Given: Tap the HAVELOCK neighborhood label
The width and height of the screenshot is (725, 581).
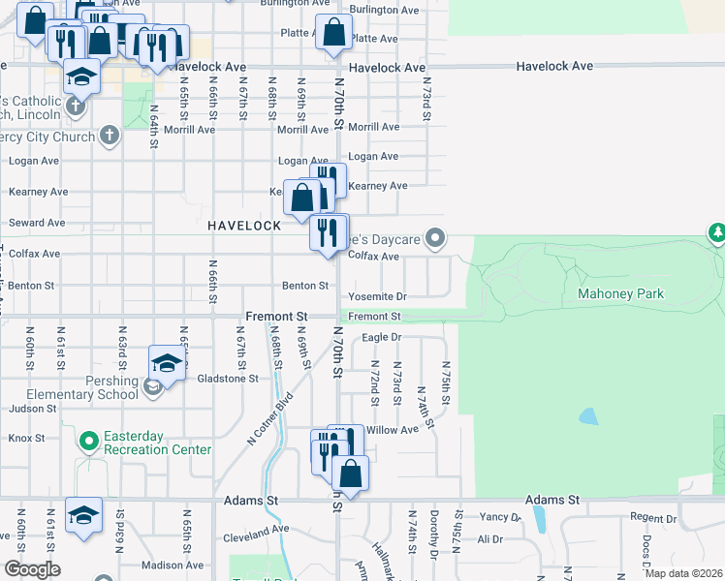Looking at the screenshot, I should [244, 225].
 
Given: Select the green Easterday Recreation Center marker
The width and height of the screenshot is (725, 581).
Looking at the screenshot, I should [89, 442].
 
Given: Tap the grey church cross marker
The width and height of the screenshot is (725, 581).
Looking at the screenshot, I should [110, 136].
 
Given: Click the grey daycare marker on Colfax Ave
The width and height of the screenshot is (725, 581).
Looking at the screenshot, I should [436, 237].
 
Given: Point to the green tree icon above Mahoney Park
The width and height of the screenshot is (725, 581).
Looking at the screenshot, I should [716, 232].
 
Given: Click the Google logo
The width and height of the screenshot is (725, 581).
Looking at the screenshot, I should [32, 569].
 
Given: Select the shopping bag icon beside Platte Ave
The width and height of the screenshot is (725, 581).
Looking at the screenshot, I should [333, 32].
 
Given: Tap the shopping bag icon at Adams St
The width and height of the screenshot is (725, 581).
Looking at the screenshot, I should [350, 474].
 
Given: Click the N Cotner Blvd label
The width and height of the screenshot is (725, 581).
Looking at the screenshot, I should [270, 417].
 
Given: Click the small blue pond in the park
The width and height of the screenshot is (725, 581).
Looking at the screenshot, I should [587, 416].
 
